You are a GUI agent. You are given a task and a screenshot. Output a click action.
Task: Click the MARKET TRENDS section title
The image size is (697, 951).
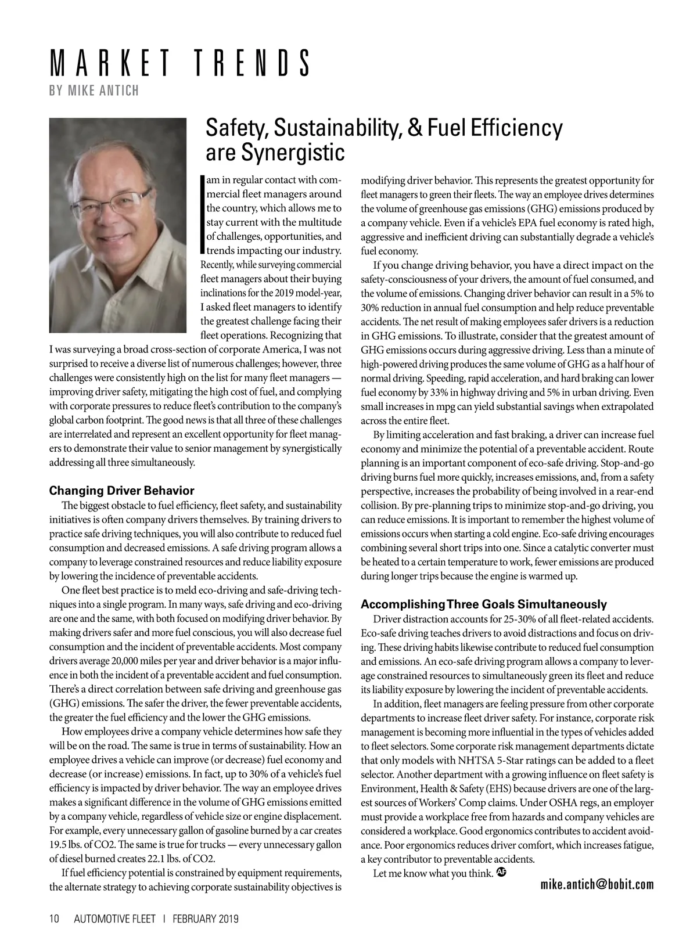coord(179,64)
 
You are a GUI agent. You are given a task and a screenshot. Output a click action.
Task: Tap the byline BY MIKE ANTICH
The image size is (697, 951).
coord(94,91)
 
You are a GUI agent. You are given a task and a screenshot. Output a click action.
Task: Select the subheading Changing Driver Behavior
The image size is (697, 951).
coord(121,491)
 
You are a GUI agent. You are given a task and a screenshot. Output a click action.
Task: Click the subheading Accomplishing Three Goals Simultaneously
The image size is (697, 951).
coord(483,604)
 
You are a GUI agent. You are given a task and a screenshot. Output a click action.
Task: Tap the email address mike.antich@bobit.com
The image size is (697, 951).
coord(597,885)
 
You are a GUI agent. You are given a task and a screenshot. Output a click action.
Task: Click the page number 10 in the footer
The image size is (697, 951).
coord(55,919)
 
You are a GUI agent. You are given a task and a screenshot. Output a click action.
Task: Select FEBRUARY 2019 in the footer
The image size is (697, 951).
coord(206,919)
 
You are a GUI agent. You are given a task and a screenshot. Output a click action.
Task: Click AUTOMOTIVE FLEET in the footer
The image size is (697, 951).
coord(114,919)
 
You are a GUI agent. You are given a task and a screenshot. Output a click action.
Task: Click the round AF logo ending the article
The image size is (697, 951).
coord(502,872)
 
